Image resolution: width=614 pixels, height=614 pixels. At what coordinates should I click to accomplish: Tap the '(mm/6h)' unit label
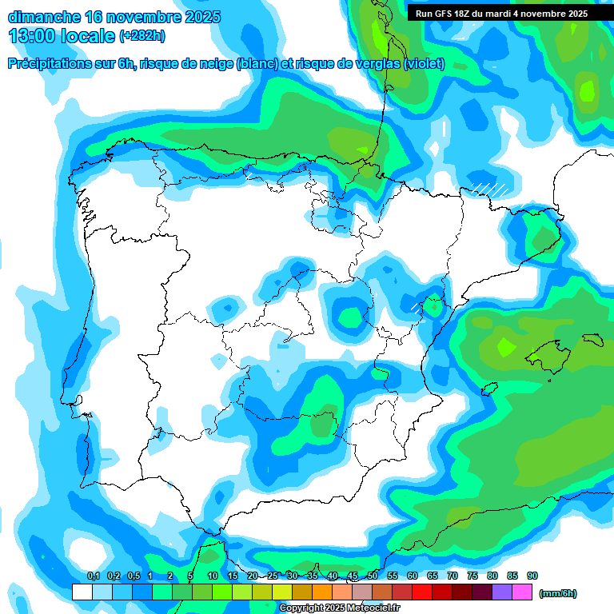[x=558, y=593]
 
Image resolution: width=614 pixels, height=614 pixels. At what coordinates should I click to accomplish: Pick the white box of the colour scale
[x=82, y=592]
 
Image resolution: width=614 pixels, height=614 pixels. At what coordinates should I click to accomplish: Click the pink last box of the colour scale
[x=522, y=592]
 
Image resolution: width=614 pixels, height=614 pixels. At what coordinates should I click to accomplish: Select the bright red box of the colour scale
[x=422, y=592]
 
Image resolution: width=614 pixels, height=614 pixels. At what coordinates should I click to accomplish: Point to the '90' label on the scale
[x=532, y=576]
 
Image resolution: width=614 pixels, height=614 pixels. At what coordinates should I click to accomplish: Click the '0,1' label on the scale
[x=93, y=576]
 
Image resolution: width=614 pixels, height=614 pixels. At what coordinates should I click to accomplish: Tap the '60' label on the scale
[x=413, y=576]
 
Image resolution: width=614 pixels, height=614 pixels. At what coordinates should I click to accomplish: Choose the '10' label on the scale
[x=213, y=576]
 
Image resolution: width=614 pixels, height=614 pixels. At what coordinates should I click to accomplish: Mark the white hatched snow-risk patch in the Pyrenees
[x=489, y=189]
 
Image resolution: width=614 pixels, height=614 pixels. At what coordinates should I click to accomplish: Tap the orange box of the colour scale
[x=322, y=592]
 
